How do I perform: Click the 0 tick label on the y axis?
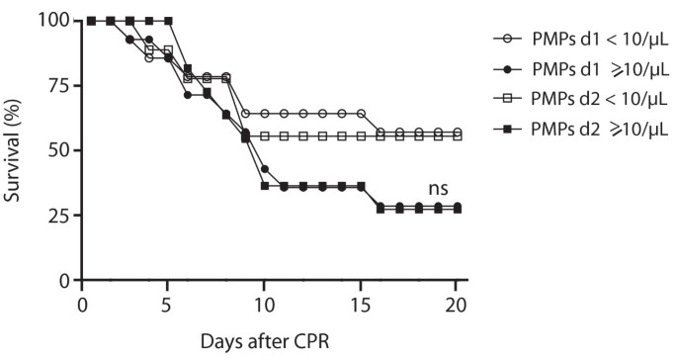[59, 280]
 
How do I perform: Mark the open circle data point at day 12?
[303, 114]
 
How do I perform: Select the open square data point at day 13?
[322, 135]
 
